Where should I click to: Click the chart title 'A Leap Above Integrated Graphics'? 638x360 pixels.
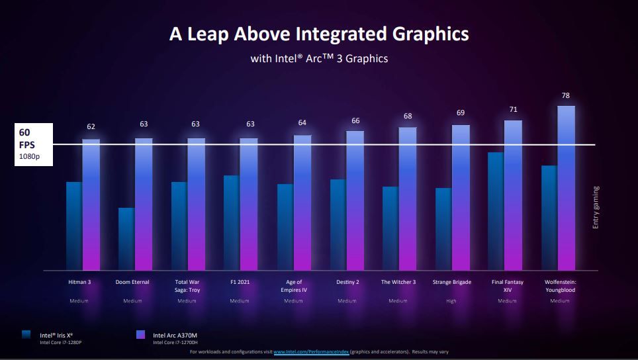coord(319,34)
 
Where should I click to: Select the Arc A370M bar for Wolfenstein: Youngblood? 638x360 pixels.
coord(567,189)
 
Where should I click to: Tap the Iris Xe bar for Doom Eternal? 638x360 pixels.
coord(126,239)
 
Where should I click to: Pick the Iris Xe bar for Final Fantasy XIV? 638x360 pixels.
coord(496,211)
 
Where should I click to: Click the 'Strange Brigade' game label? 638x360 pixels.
coord(452,282)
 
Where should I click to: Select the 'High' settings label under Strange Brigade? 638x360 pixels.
coord(451,301)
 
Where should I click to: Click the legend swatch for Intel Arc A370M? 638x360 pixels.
coord(140,335)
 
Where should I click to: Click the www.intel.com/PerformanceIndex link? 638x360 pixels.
coord(311,352)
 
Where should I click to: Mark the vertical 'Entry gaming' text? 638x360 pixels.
coord(596,207)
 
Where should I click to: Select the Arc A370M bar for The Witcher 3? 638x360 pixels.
coord(408,199)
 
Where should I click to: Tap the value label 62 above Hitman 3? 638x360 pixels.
coord(91,126)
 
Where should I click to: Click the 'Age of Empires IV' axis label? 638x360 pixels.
coord(293,286)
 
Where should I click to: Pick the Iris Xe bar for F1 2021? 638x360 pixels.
coord(232,222)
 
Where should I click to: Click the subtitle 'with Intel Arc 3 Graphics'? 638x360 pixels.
coord(319,59)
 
